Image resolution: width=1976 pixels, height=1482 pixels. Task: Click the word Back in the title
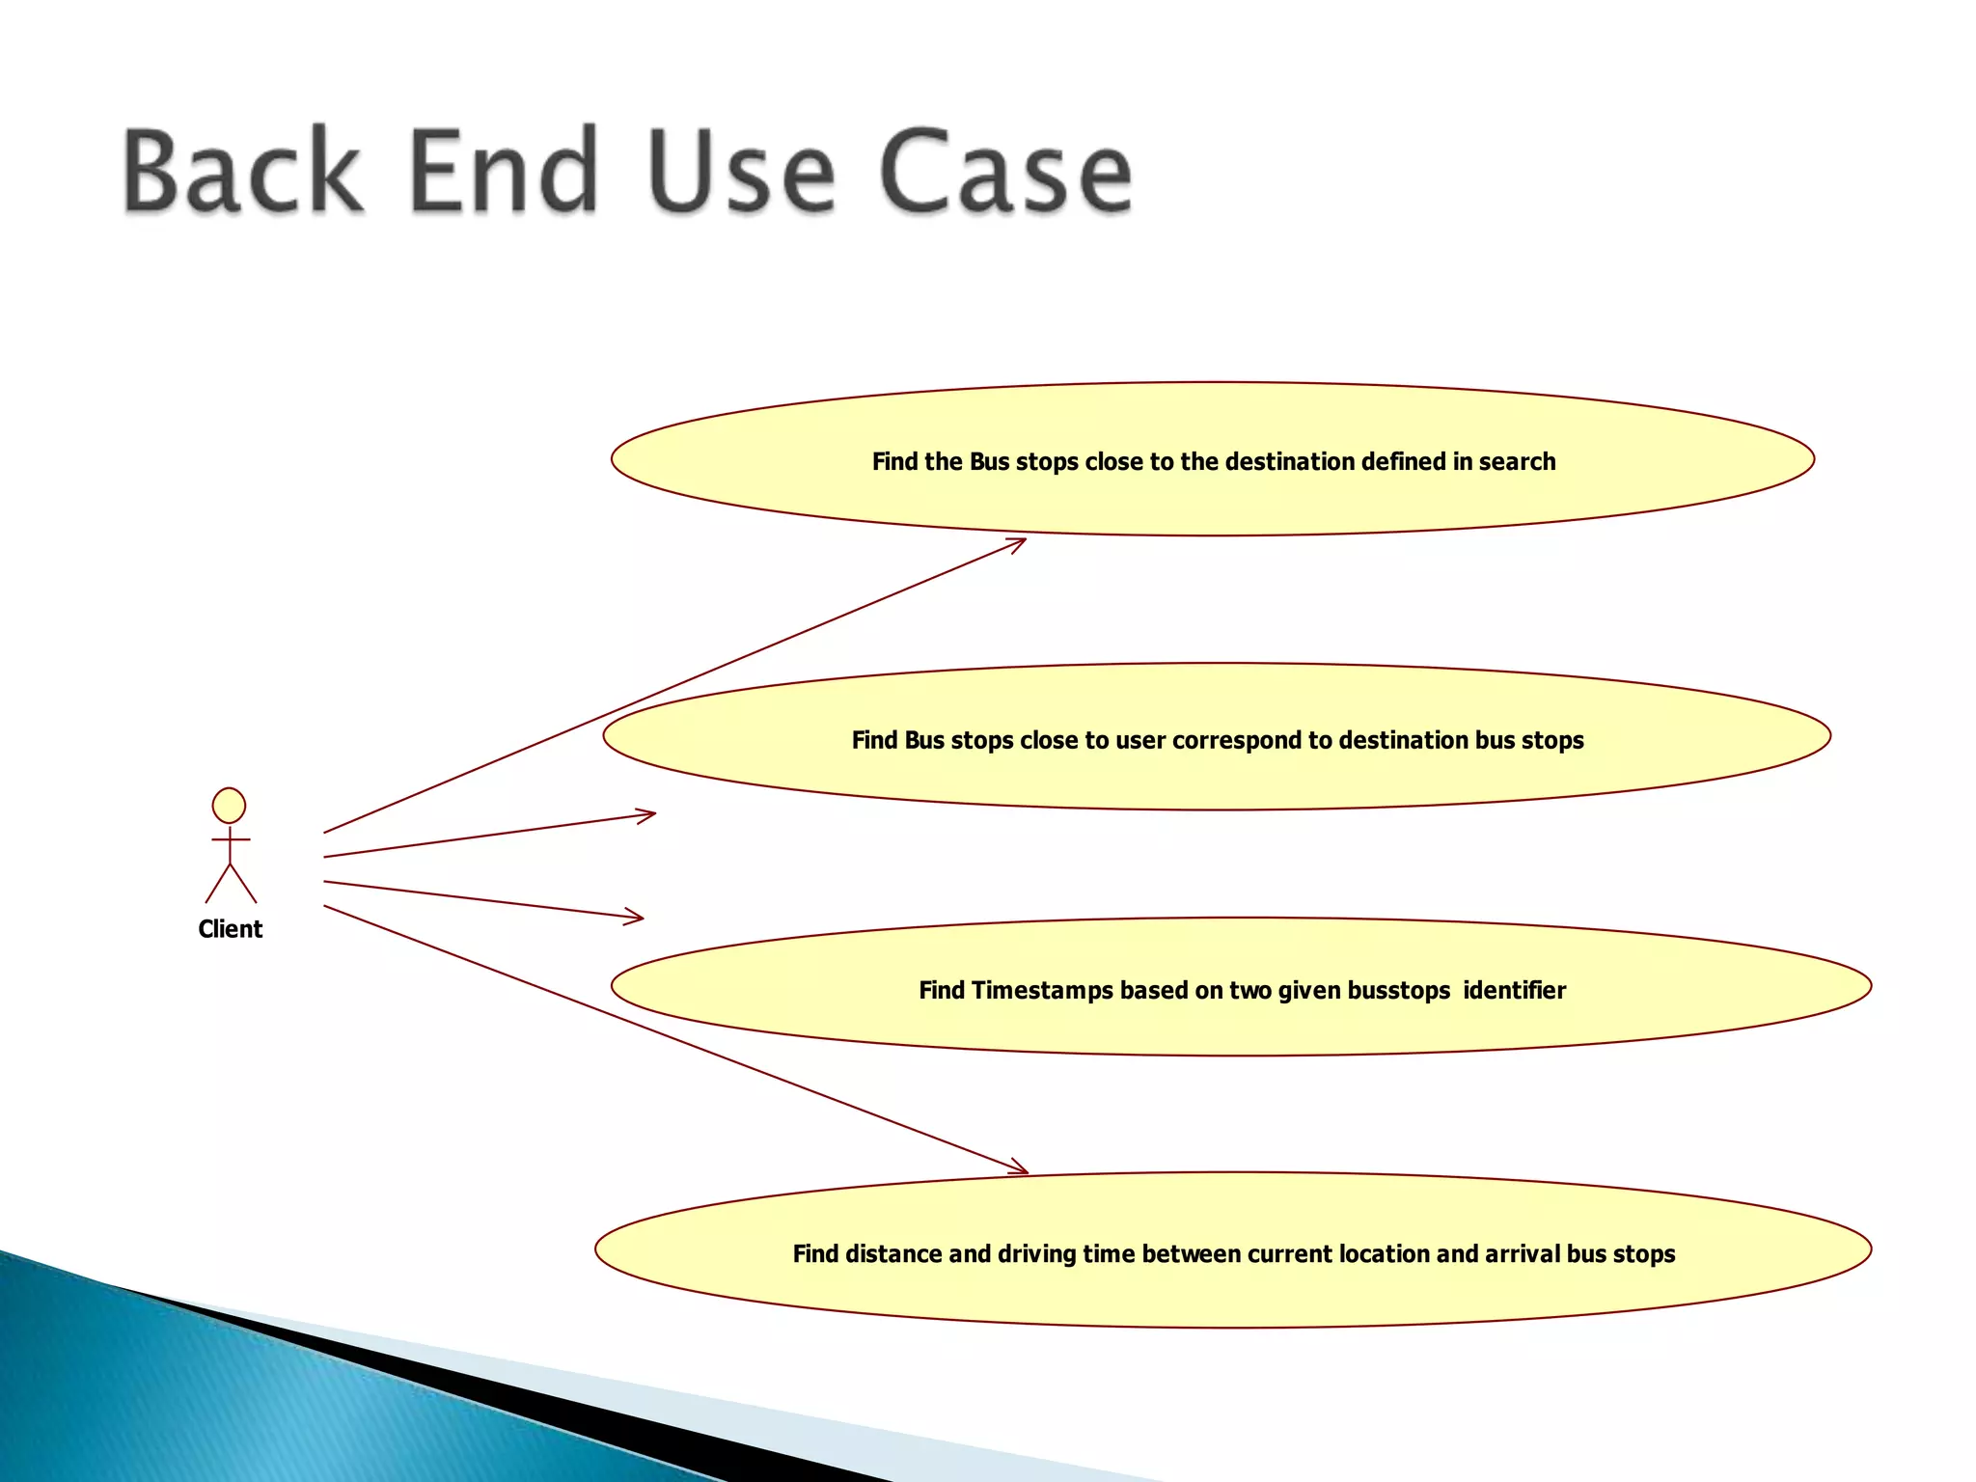point(242,171)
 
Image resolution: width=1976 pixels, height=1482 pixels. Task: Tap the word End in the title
point(503,171)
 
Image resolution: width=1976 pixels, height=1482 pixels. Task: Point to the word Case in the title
point(1004,171)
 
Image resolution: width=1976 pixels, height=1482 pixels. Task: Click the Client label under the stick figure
point(230,929)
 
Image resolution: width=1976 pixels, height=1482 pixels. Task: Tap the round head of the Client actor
point(229,806)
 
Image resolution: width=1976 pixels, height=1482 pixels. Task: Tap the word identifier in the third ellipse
point(1514,991)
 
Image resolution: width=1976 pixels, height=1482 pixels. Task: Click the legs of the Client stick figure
point(231,883)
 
